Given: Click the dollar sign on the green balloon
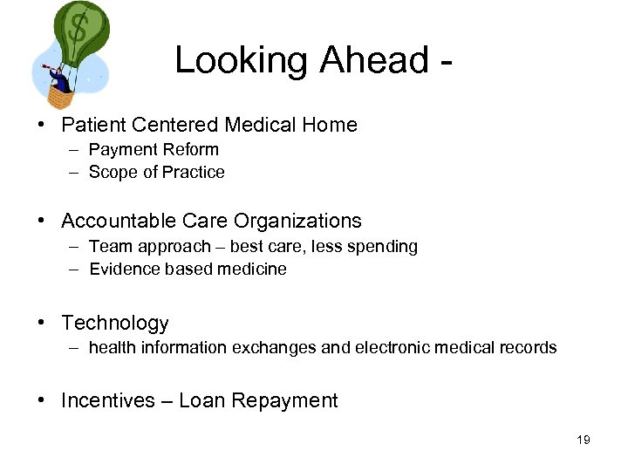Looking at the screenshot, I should tap(78, 29).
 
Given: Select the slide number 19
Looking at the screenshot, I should tap(584, 440).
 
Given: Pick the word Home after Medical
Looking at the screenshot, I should tap(330, 125).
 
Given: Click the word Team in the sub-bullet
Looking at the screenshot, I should tap(108, 247).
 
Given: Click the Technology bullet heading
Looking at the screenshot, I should tap(114, 324).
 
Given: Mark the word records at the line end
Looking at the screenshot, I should tap(527, 348).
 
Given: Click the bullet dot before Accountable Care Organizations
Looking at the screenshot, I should tap(42, 222).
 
